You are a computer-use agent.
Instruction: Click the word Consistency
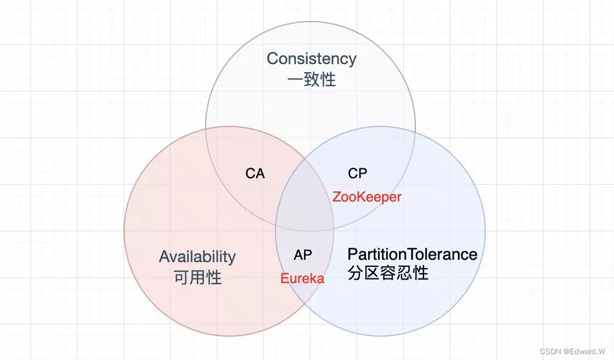point(311,59)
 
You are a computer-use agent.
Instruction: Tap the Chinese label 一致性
point(312,79)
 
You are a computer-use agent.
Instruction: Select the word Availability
point(197,257)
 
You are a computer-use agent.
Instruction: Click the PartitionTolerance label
point(412,254)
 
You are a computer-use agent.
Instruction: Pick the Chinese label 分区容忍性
point(388,273)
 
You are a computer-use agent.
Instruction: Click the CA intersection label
point(255,174)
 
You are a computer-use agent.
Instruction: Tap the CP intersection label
point(358,174)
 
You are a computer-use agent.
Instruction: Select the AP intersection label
point(302,255)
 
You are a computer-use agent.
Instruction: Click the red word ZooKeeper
point(367,197)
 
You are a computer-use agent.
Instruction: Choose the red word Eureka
point(302,278)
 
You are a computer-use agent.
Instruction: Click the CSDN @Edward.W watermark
point(572,351)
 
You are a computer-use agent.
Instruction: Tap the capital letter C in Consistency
point(272,59)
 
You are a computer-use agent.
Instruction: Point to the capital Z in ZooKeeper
point(337,197)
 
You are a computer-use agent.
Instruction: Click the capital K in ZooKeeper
point(362,197)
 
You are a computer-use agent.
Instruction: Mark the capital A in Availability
point(164,257)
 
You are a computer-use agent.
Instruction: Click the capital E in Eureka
point(284,278)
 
